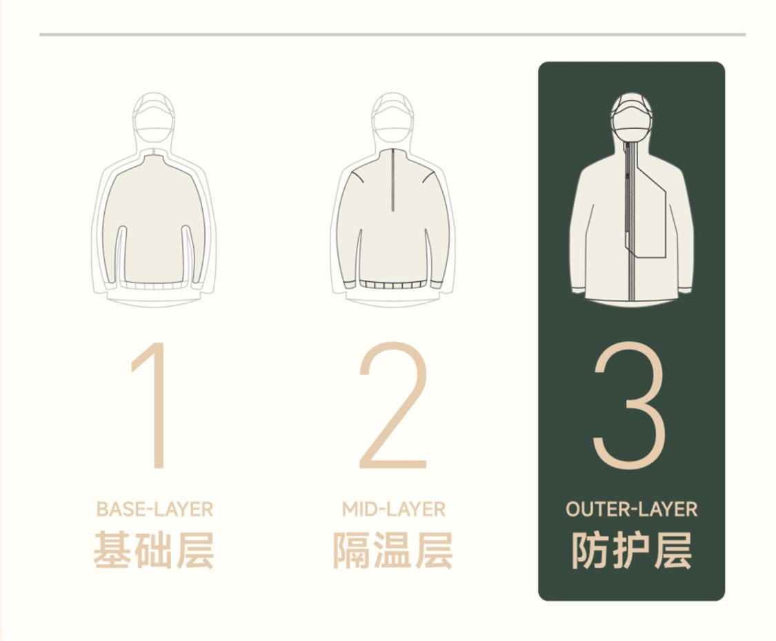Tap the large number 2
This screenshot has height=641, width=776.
[x=393, y=405]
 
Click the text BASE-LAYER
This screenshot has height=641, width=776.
[x=155, y=509]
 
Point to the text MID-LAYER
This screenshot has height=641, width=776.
[x=393, y=509]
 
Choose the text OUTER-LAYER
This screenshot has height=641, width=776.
[x=631, y=509]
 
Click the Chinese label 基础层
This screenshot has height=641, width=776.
[x=154, y=550]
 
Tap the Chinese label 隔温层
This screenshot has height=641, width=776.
[x=393, y=550]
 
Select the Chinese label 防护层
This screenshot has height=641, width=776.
[x=631, y=550]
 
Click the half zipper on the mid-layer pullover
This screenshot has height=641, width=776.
[x=393, y=179]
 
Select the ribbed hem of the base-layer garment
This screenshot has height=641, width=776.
[x=154, y=285]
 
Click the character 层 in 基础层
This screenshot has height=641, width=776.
[x=195, y=550]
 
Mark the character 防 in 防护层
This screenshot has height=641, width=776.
[x=590, y=550]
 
